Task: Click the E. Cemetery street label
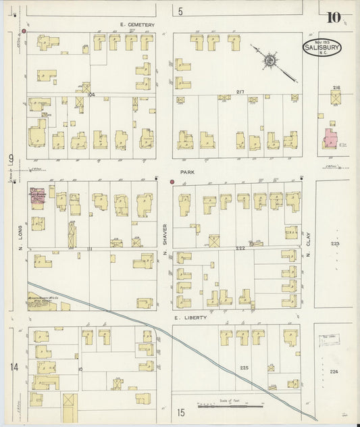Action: pyautogui.click(x=137, y=25)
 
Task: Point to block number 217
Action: pyautogui.click(x=240, y=93)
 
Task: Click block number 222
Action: pyautogui.click(x=240, y=248)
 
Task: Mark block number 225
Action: pyautogui.click(x=244, y=368)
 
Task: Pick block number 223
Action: pyautogui.click(x=335, y=244)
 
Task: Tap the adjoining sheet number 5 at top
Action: pyautogui.click(x=180, y=11)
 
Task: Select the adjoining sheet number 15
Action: pyautogui.click(x=180, y=412)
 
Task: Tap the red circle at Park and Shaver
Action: pyautogui.click(x=172, y=181)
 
